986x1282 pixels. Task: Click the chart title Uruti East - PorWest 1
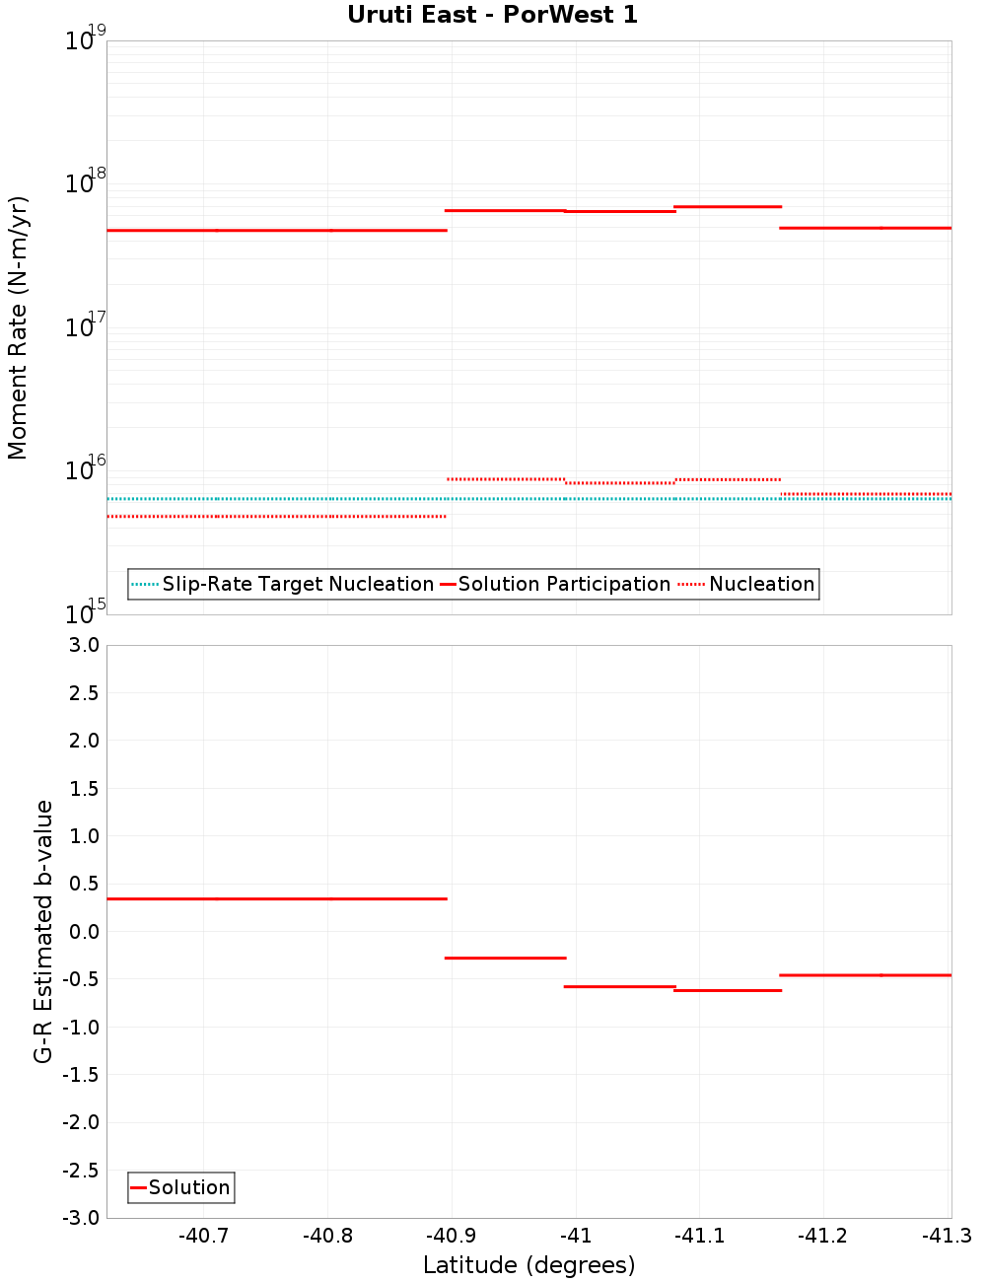(x=492, y=15)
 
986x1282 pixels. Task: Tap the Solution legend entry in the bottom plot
(x=188, y=1187)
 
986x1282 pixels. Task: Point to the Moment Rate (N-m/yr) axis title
(x=18, y=327)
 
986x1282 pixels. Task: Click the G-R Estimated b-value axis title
(x=43, y=931)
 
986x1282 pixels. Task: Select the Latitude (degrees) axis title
(x=528, y=1265)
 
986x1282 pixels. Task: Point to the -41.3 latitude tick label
(x=947, y=1236)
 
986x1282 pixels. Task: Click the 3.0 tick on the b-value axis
(x=81, y=645)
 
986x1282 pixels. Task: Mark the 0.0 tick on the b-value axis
(x=81, y=931)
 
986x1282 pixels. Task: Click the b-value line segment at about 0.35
(x=276, y=898)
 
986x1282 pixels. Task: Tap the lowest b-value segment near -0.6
(x=728, y=990)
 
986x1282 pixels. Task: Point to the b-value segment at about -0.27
(x=506, y=958)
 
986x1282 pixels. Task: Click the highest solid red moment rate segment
(x=728, y=206)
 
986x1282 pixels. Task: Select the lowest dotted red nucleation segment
(x=276, y=516)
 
